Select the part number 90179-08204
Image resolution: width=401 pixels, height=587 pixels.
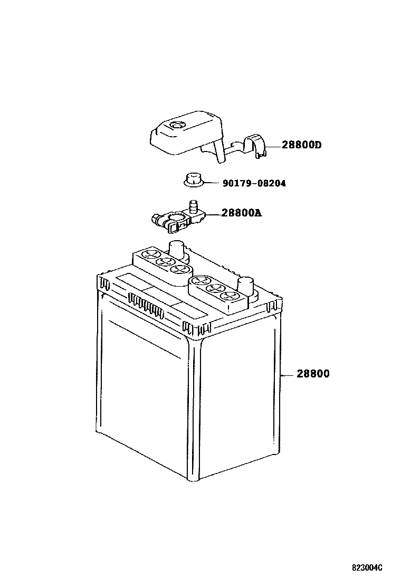[x=255, y=184]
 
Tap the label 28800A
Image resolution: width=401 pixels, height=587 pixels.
[x=241, y=213]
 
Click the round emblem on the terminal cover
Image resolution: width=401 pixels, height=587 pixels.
[x=176, y=126]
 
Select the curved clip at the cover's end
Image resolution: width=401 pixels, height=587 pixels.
[x=256, y=146]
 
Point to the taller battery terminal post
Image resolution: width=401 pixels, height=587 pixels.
[x=177, y=249]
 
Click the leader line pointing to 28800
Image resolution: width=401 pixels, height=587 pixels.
[x=287, y=375]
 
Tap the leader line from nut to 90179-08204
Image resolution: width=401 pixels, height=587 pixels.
[x=211, y=184]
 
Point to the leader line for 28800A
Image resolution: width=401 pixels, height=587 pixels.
[x=213, y=214]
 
